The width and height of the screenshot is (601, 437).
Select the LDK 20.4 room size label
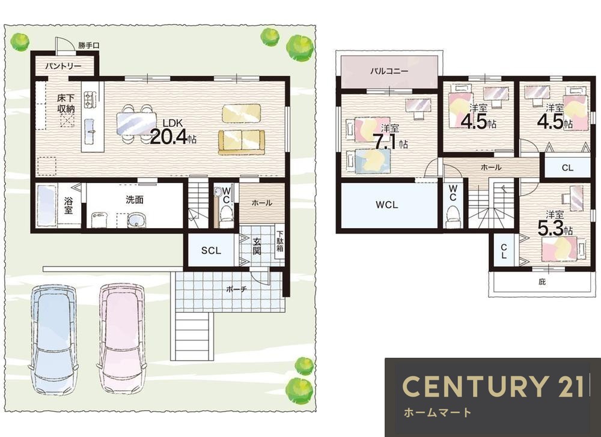click(x=173, y=132)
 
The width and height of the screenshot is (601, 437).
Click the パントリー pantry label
click(x=63, y=66)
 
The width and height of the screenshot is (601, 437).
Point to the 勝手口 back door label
click(x=88, y=45)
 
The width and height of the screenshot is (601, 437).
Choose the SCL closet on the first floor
click(x=211, y=250)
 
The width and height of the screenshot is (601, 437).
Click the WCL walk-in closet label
click(x=386, y=205)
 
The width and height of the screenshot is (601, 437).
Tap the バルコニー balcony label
click(x=389, y=71)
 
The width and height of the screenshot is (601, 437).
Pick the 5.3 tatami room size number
click(x=551, y=229)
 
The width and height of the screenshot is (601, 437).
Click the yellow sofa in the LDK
click(x=242, y=142)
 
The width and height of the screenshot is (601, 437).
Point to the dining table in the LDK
click(x=137, y=124)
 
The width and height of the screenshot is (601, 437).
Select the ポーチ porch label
click(x=236, y=289)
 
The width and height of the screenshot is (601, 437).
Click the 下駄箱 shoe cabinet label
click(x=280, y=241)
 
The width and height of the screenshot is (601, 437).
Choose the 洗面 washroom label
click(x=135, y=199)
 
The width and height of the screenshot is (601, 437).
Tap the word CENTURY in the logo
click(x=474, y=386)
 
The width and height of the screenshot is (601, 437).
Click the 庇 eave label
click(x=542, y=282)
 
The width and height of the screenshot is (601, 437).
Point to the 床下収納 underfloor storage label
click(x=66, y=103)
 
